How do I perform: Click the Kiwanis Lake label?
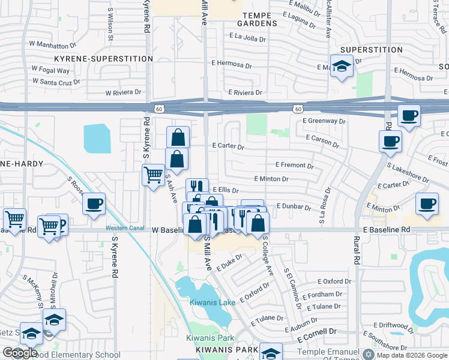(213, 302)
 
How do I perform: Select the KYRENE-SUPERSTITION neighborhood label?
(103, 59)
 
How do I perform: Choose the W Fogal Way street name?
(51, 70)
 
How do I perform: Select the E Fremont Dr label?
(294, 164)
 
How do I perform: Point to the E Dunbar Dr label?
(294, 207)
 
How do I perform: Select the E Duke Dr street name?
(229, 262)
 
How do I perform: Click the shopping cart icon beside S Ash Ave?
(153, 175)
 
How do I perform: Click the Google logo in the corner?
(20, 353)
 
